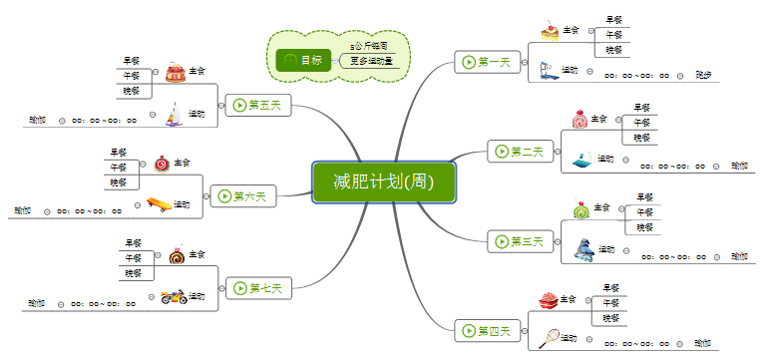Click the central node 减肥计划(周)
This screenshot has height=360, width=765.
[384, 181]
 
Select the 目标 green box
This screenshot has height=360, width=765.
[304, 60]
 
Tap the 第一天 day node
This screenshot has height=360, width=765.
[484, 63]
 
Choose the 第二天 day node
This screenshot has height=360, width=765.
[518, 152]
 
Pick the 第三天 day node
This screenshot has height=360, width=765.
[518, 240]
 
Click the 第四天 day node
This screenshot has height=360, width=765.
[484, 331]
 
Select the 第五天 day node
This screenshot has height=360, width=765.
[257, 105]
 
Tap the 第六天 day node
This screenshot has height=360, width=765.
[242, 196]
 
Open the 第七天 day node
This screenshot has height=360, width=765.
[257, 289]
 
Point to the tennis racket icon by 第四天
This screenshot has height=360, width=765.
[549, 338]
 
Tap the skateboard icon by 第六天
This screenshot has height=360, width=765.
[158, 204]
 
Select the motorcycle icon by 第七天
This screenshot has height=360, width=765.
[174, 296]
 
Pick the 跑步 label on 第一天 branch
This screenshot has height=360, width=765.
[703, 75]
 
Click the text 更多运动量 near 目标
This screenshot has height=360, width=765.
[371, 61]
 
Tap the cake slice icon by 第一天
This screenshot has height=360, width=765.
[550, 31]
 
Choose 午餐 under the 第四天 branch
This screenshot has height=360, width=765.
[610, 303]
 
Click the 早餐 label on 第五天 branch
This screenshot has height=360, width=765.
[132, 61]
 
